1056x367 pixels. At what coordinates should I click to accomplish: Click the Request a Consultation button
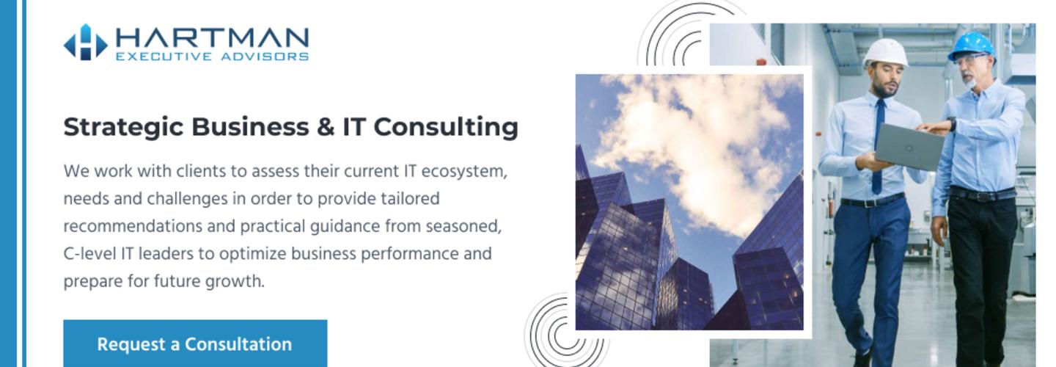pyautogui.click(x=195, y=344)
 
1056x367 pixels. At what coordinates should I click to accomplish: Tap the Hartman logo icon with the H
pyautogui.click(x=86, y=43)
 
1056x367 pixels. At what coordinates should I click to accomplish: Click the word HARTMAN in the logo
pyautogui.click(x=212, y=37)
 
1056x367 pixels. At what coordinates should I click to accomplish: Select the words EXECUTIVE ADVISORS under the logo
pyautogui.click(x=212, y=57)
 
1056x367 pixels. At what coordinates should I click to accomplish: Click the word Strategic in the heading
pyautogui.click(x=123, y=128)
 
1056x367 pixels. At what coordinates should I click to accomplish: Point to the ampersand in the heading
pyautogui.click(x=326, y=127)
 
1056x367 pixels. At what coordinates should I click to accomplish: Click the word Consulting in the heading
pyautogui.click(x=446, y=128)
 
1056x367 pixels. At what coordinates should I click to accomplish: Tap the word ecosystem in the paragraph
pyautogui.click(x=464, y=171)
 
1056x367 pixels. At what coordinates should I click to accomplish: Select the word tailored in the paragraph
pyautogui.click(x=410, y=199)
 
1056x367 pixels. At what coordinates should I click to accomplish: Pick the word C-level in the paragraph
pyautogui.click(x=89, y=254)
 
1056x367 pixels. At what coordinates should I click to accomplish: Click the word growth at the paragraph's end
pyautogui.click(x=235, y=282)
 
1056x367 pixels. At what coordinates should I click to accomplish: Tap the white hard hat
pyautogui.click(x=886, y=53)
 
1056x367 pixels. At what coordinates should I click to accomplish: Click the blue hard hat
pyautogui.click(x=972, y=46)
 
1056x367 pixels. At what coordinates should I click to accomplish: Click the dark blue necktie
pyautogui.click(x=878, y=146)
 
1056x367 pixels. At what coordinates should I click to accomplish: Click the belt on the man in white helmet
pyautogui.click(x=872, y=200)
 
